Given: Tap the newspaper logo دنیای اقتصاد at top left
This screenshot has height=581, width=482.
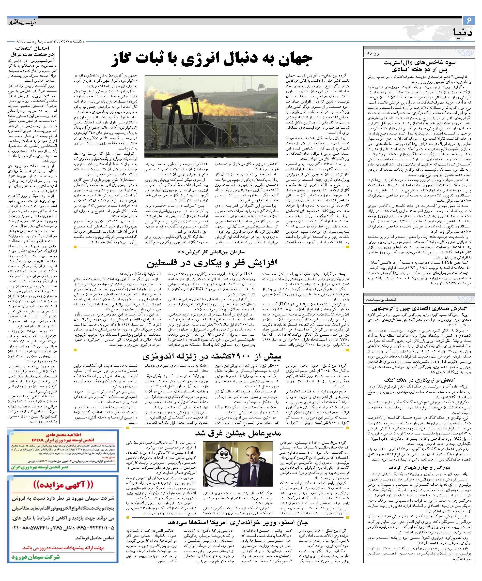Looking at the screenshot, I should tap(22, 22).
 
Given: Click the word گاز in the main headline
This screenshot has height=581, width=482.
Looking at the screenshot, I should tap(128, 60).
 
